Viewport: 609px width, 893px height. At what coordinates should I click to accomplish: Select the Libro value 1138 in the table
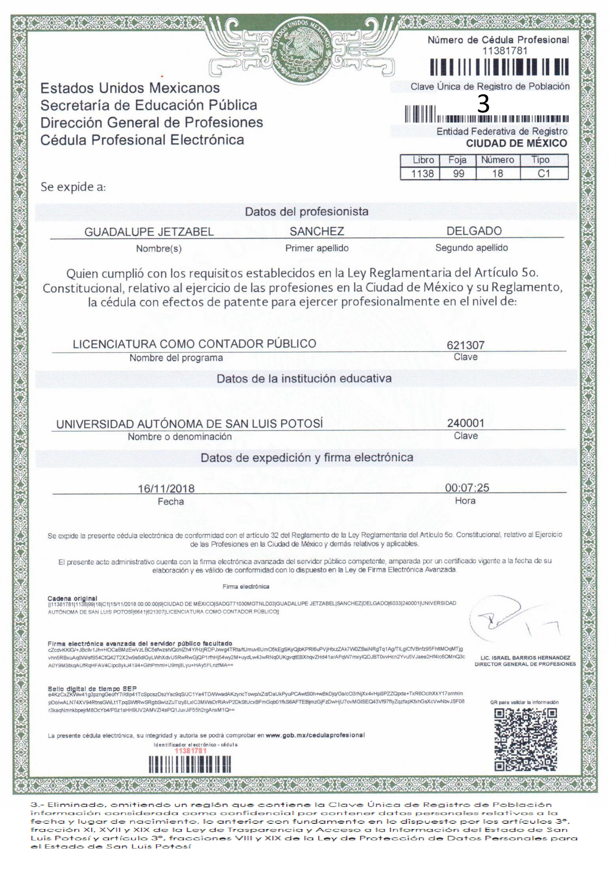pyautogui.click(x=423, y=174)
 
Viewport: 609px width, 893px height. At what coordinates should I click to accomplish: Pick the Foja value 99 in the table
pyautogui.click(x=458, y=174)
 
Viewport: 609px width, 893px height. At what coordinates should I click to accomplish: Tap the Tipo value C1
pyautogui.click(x=544, y=174)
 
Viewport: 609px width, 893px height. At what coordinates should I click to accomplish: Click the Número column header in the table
pyautogui.click(x=498, y=160)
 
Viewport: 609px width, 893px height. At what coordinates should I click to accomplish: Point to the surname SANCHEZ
pyautogui.click(x=317, y=231)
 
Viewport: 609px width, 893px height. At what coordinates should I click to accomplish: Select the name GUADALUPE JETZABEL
pyautogui.click(x=149, y=232)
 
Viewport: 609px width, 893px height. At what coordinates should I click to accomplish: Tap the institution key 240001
pyautogui.click(x=465, y=423)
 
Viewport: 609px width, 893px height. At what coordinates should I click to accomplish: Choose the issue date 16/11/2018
pyautogui.click(x=166, y=488)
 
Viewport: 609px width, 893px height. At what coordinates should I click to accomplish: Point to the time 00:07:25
pyautogui.click(x=467, y=488)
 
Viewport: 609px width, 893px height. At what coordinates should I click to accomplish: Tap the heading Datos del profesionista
pyautogui.click(x=306, y=211)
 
